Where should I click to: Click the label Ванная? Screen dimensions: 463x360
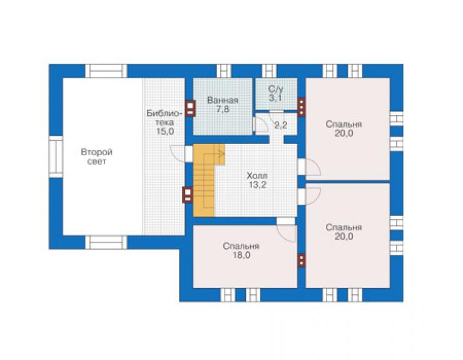click(x=223, y=100)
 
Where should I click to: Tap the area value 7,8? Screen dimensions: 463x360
click(x=223, y=110)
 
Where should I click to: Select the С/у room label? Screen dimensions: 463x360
click(x=275, y=89)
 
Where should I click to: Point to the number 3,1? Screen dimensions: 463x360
click(x=275, y=98)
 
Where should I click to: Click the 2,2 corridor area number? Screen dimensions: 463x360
click(x=281, y=125)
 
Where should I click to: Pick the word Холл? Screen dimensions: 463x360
click(x=257, y=176)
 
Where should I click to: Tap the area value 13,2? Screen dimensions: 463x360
click(x=257, y=185)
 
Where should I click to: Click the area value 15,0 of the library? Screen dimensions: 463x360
click(x=165, y=131)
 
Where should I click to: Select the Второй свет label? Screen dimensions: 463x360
click(x=97, y=157)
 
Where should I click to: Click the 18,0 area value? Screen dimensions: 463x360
click(x=242, y=255)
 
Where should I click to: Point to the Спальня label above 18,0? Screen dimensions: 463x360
click(x=242, y=246)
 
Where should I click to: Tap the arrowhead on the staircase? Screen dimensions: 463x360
click(x=221, y=153)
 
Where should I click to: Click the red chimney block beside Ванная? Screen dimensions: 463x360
click(x=190, y=108)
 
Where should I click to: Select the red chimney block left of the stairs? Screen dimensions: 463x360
click(x=188, y=195)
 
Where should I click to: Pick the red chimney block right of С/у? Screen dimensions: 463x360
click(x=301, y=107)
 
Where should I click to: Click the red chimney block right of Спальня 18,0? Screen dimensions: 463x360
click(x=301, y=260)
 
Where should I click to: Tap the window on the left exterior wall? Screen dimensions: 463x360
click(x=56, y=157)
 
